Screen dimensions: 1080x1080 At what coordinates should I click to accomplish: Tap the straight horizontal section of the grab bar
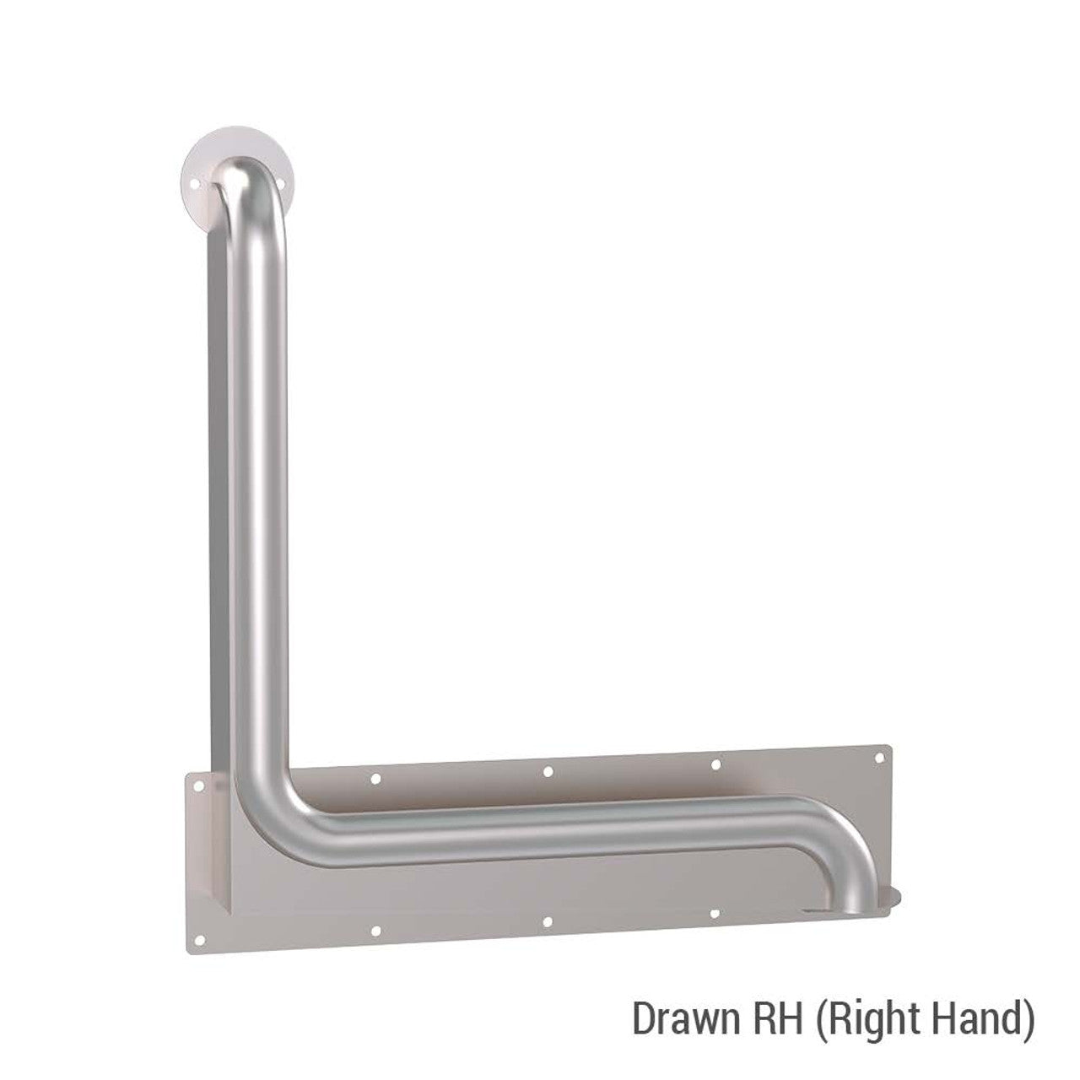click(x=548, y=823)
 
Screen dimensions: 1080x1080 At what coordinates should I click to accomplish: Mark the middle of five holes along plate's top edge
click(x=548, y=771)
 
